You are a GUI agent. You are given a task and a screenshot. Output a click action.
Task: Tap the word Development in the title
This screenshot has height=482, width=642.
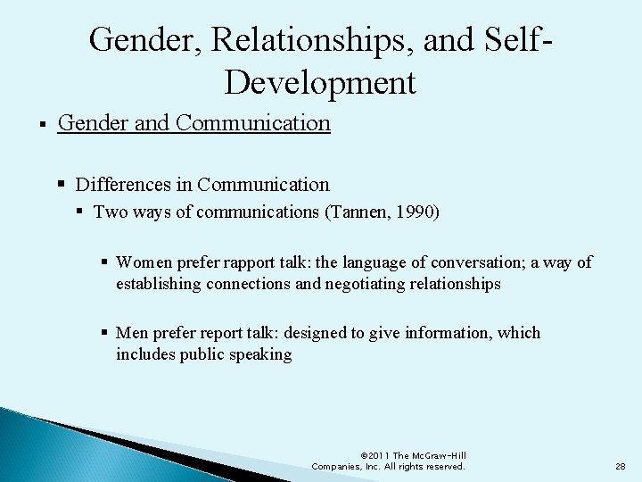pyautogui.click(x=320, y=82)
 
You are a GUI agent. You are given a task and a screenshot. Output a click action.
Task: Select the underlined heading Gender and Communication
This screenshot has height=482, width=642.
pyautogui.click(x=193, y=121)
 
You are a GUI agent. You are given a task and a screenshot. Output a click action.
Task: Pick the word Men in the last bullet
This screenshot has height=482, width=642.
pyautogui.click(x=132, y=333)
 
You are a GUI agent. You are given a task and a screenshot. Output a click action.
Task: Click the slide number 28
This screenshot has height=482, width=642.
pyautogui.click(x=620, y=466)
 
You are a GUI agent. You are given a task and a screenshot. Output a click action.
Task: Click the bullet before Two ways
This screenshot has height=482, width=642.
pyautogui.click(x=80, y=212)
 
